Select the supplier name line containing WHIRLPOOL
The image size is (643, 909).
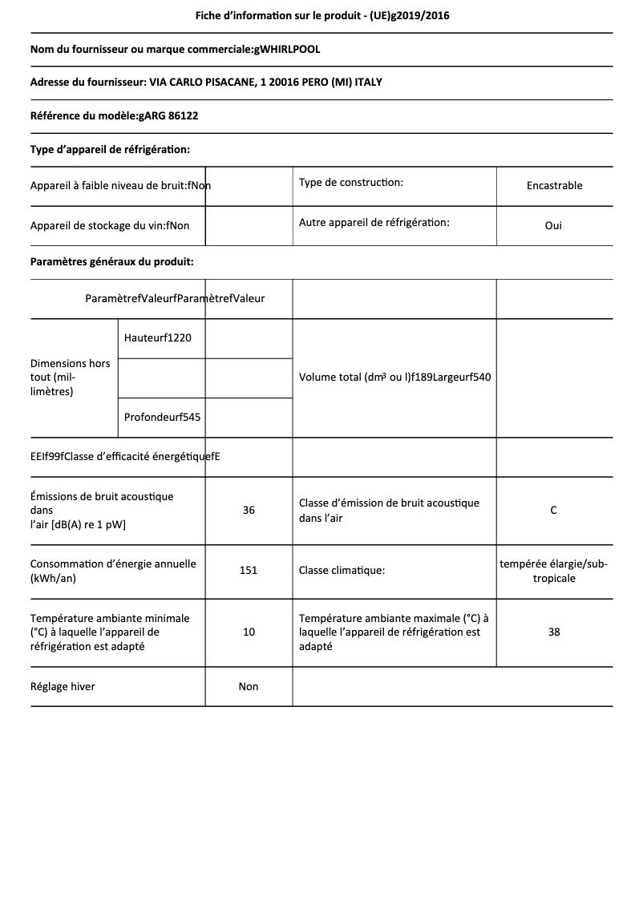[x=175, y=50]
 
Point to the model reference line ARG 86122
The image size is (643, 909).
[x=114, y=115]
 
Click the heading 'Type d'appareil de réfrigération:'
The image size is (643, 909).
[x=110, y=149]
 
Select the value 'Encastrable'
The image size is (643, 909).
[x=554, y=185]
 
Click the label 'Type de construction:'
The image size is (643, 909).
[x=350, y=183]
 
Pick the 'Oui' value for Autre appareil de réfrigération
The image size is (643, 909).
[x=553, y=225]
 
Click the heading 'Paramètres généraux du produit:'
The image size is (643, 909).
[x=111, y=261]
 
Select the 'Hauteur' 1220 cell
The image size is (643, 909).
[x=158, y=337]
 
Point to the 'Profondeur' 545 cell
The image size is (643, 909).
[x=162, y=417]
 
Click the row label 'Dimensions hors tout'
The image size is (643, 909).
[x=71, y=377]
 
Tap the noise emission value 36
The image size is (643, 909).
[x=249, y=510]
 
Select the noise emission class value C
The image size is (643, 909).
[x=553, y=510]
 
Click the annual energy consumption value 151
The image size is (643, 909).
[x=249, y=571]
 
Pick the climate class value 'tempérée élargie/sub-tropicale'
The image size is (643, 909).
[x=553, y=571]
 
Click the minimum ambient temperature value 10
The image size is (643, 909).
[x=249, y=632]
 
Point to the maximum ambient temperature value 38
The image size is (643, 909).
[x=554, y=632]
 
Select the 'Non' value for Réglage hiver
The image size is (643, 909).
[x=249, y=686]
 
